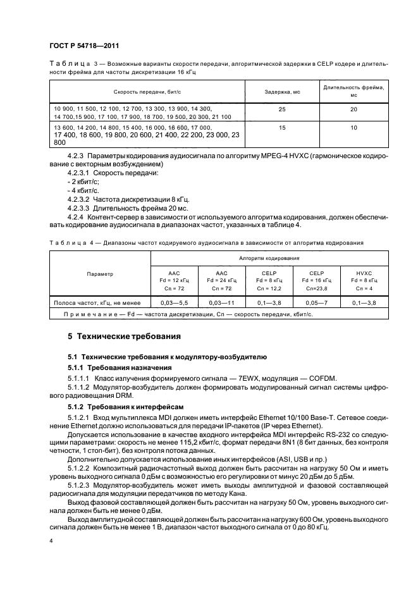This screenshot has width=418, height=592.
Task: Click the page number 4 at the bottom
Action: (x=51, y=541)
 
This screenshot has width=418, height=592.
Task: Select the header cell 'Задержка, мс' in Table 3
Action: (x=281, y=92)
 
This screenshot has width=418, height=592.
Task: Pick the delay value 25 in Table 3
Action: (x=281, y=109)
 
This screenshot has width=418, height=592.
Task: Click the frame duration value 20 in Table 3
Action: (x=354, y=109)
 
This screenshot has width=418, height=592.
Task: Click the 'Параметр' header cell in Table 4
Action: (x=100, y=274)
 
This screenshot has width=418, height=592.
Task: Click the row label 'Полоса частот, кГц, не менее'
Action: (x=100, y=303)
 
